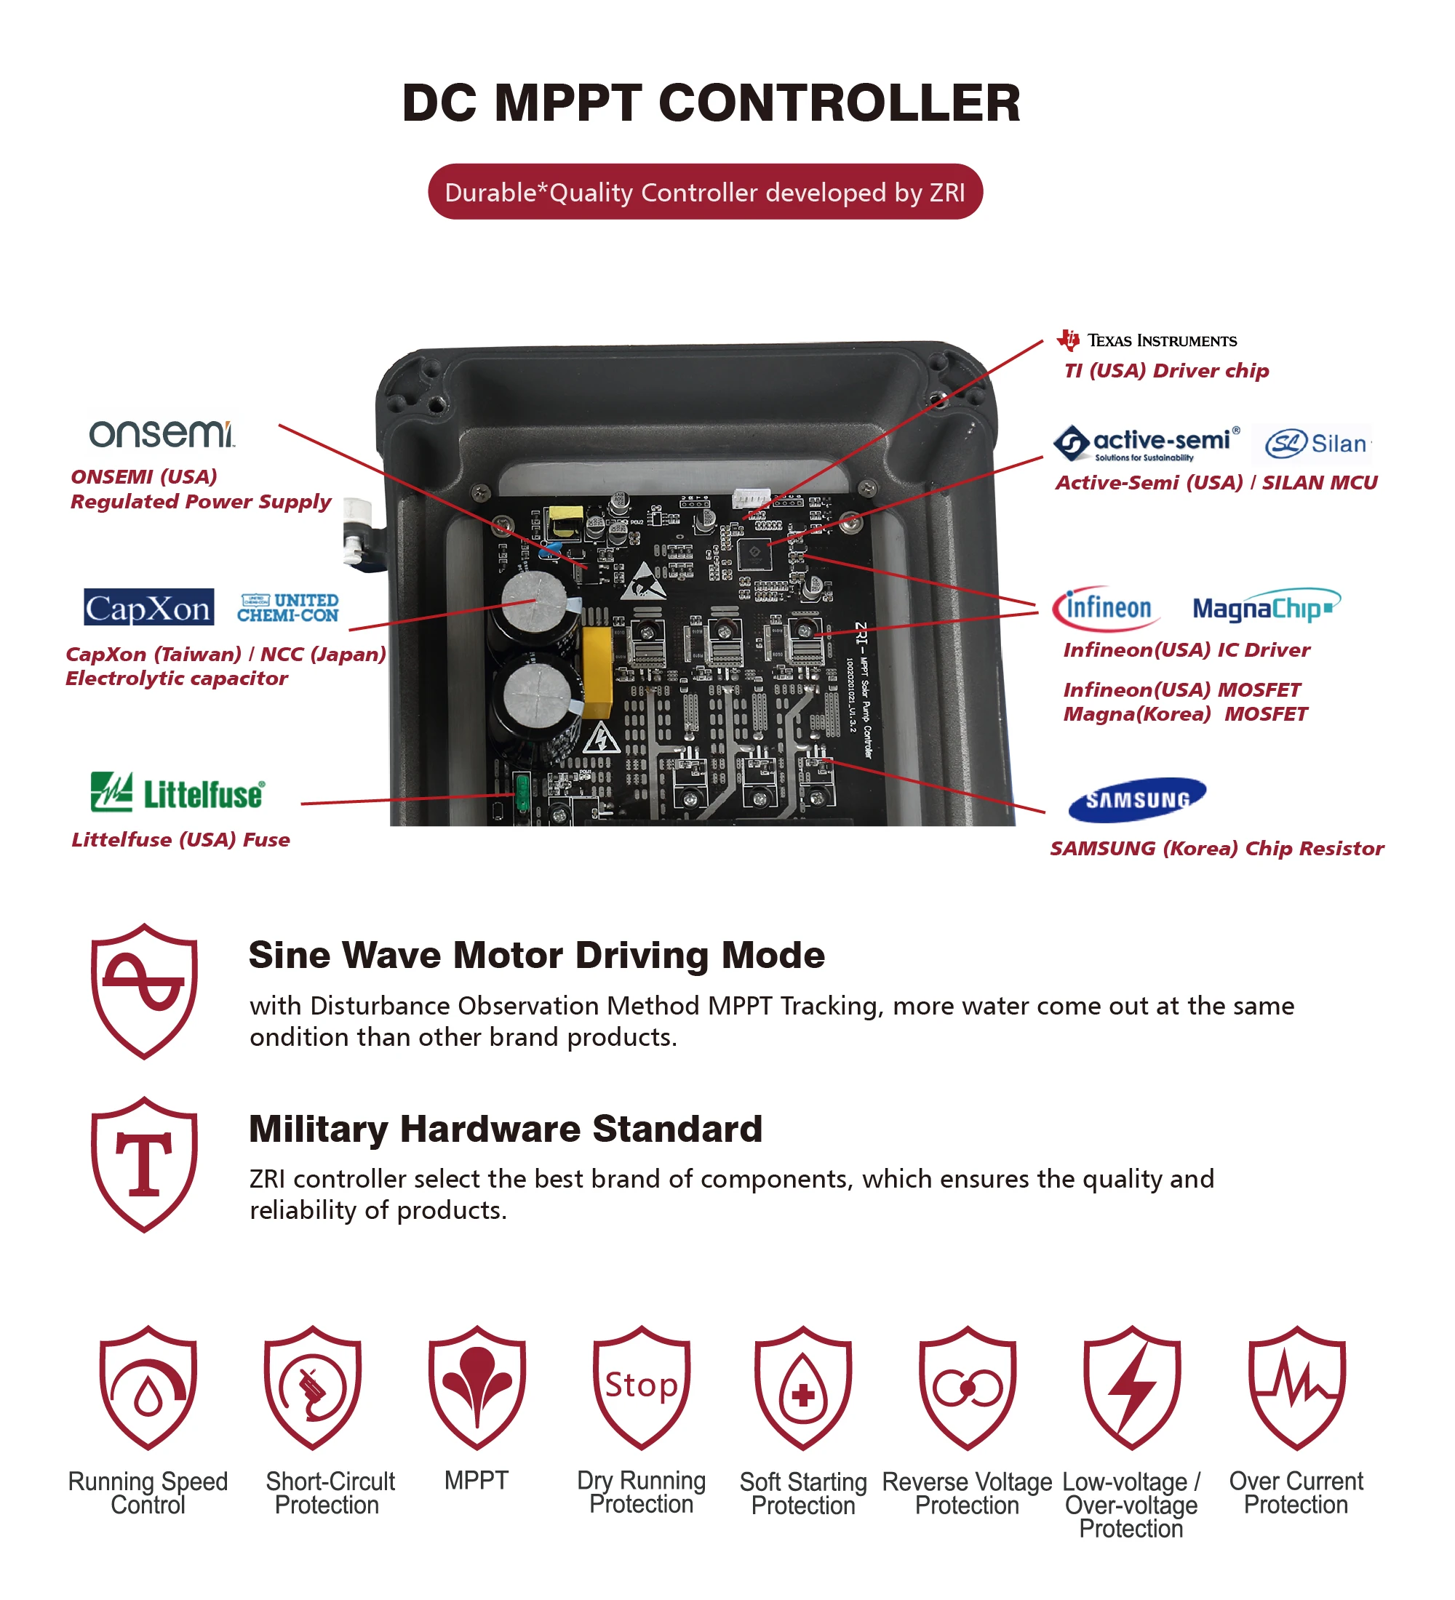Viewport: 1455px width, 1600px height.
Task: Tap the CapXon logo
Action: pos(148,608)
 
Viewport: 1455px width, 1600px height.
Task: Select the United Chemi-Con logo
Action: pos(287,608)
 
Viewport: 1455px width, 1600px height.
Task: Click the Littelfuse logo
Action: pos(177,793)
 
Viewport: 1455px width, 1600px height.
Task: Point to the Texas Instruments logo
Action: pos(1147,340)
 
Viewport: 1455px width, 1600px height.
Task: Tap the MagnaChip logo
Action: pos(1264,608)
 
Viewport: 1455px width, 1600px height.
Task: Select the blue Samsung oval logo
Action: pos(1136,799)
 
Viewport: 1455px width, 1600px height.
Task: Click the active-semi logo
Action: pos(1147,443)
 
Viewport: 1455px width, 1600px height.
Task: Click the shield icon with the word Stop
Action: pos(642,1386)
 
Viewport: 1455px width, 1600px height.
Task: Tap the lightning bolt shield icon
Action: pos(1132,1386)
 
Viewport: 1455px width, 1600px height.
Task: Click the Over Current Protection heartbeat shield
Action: pos(1296,1386)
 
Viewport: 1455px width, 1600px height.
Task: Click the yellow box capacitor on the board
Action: pos(596,671)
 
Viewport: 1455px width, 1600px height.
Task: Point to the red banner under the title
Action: pos(705,192)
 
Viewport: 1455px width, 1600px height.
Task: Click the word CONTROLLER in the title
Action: pos(839,103)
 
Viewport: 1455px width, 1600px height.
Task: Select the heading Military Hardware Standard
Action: pos(506,1129)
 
